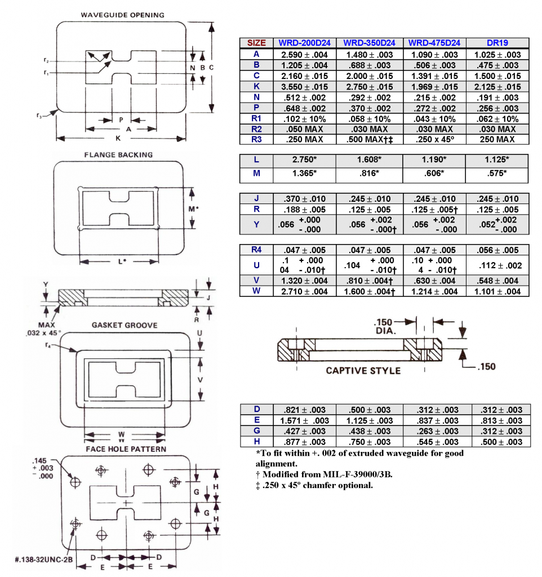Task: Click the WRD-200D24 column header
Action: [x=304, y=43]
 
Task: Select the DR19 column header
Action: [x=497, y=43]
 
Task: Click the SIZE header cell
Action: [x=256, y=43]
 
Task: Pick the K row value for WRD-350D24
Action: [x=369, y=87]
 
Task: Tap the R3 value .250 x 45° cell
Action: [x=434, y=139]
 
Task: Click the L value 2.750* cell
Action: [x=304, y=160]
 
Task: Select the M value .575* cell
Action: [x=497, y=174]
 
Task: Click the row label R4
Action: [x=256, y=250]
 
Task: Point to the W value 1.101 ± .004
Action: [x=497, y=291]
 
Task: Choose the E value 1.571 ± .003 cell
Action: [x=304, y=421]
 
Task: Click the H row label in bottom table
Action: [x=256, y=442]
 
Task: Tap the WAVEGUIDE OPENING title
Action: [x=122, y=15]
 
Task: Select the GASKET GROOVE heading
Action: [x=125, y=325]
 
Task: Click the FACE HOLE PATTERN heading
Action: [x=126, y=449]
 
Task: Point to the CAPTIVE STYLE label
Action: [x=363, y=371]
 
